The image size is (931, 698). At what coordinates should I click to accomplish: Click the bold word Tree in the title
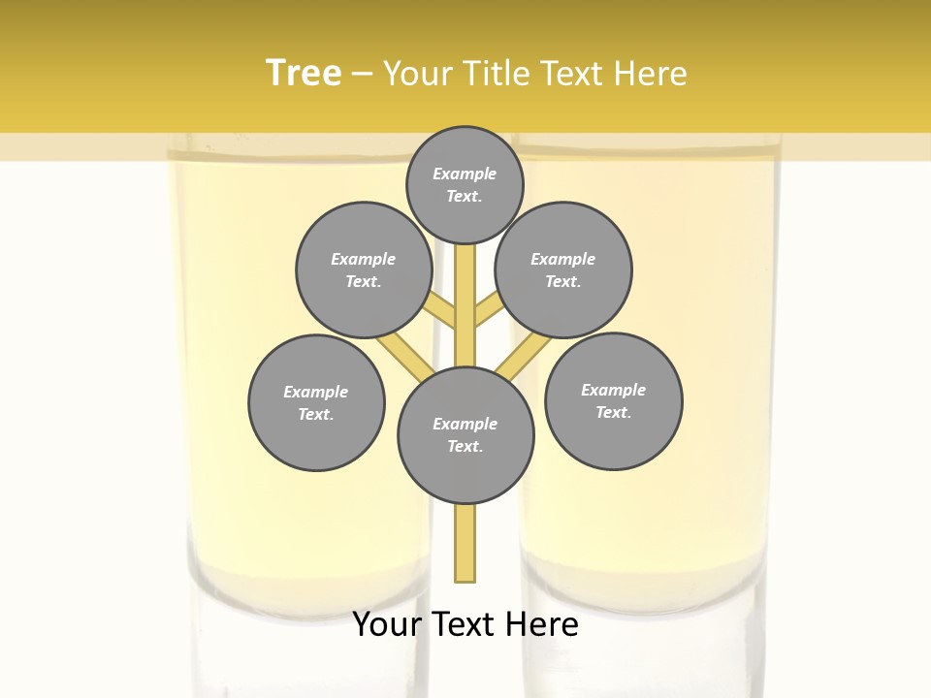pyautogui.click(x=304, y=73)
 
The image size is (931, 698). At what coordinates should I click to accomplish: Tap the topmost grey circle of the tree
pyautogui.click(x=465, y=184)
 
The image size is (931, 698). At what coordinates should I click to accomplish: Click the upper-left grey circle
pyautogui.click(x=364, y=270)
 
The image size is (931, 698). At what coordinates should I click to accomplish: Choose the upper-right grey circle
pyautogui.click(x=563, y=270)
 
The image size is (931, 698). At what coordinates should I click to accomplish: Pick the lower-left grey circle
pyautogui.click(x=316, y=402)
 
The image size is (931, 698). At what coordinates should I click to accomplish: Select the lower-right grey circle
pyautogui.click(x=614, y=400)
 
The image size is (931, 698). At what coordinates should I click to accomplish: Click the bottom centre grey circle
pyautogui.click(x=465, y=435)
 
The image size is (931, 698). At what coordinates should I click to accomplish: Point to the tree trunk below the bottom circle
pyautogui.click(x=465, y=543)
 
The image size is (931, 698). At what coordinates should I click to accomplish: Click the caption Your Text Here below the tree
pyautogui.click(x=465, y=624)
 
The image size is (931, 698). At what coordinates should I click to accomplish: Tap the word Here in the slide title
pyautogui.click(x=655, y=74)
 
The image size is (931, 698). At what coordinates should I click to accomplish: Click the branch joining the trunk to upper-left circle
pyautogui.click(x=442, y=312)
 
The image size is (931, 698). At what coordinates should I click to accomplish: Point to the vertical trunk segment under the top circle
pyautogui.click(x=465, y=291)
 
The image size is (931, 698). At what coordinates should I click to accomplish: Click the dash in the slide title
pyautogui.click(x=362, y=75)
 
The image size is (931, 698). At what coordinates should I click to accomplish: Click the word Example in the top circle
pyautogui.click(x=465, y=174)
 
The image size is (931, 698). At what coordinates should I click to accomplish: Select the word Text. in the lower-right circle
pyautogui.click(x=613, y=412)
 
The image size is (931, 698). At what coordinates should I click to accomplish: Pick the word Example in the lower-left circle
pyautogui.click(x=316, y=392)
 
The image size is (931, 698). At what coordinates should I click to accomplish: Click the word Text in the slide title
pyautogui.click(x=577, y=74)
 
